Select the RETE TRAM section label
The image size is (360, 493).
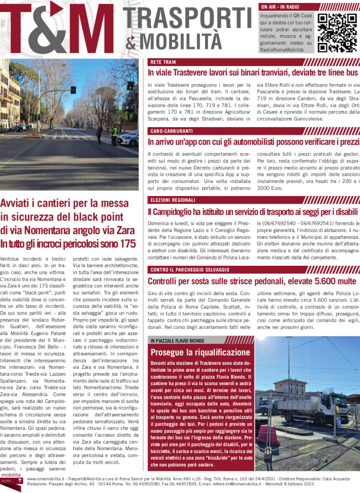(163, 62)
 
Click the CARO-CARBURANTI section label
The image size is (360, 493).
(171, 131)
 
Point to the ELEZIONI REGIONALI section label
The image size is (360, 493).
(173, 200)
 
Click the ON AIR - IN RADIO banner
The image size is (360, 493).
(280, 7)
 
